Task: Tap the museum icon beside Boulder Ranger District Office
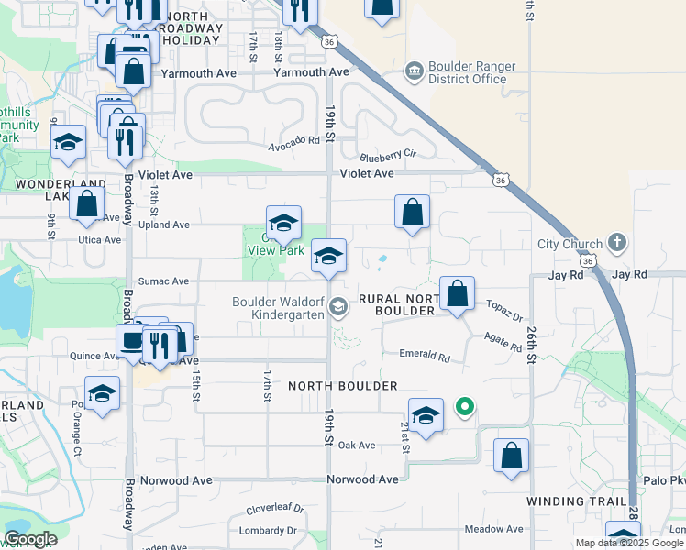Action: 414,70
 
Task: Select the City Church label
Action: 570,244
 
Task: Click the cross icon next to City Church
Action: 617,243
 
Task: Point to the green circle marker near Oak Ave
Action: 465,406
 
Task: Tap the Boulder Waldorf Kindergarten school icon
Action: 338,307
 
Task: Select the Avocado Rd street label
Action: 294,140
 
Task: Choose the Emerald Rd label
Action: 425,355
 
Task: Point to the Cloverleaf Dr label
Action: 274,510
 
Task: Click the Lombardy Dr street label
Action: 267,531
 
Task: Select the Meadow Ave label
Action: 493,529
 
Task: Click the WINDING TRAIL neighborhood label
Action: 576,501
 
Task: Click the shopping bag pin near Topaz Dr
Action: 457,293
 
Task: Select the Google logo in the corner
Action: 30,539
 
